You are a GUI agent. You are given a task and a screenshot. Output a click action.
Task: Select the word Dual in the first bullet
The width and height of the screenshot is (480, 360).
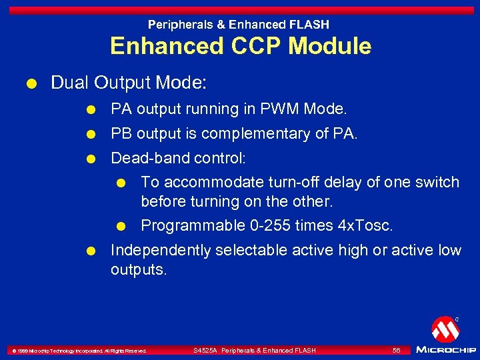point(70,83)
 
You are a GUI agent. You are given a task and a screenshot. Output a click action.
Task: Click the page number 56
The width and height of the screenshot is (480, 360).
point(396,350)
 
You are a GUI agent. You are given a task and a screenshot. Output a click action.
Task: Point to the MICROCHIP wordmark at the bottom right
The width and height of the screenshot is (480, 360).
point(445,349)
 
